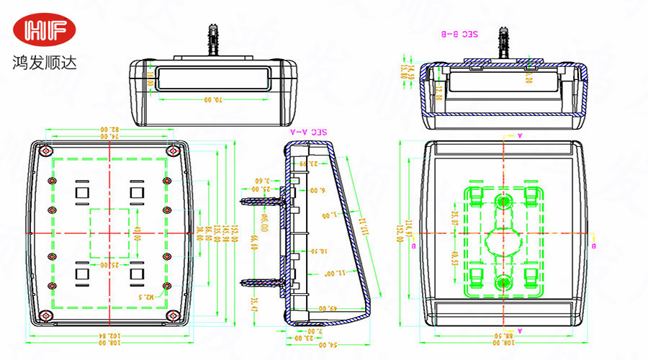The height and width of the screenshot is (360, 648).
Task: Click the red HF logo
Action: [50, 30]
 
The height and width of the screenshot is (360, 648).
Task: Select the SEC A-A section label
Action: [308, 132]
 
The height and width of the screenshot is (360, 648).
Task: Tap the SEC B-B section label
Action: [459, 34]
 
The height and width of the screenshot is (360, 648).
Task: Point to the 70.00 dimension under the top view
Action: [211, 99]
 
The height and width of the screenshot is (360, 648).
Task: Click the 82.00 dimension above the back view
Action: [109, 130]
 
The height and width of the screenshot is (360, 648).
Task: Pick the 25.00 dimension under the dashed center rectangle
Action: [109, 265]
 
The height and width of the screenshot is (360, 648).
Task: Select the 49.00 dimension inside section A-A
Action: [328, 308]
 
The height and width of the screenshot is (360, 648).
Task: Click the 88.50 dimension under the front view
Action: [494, 336]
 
